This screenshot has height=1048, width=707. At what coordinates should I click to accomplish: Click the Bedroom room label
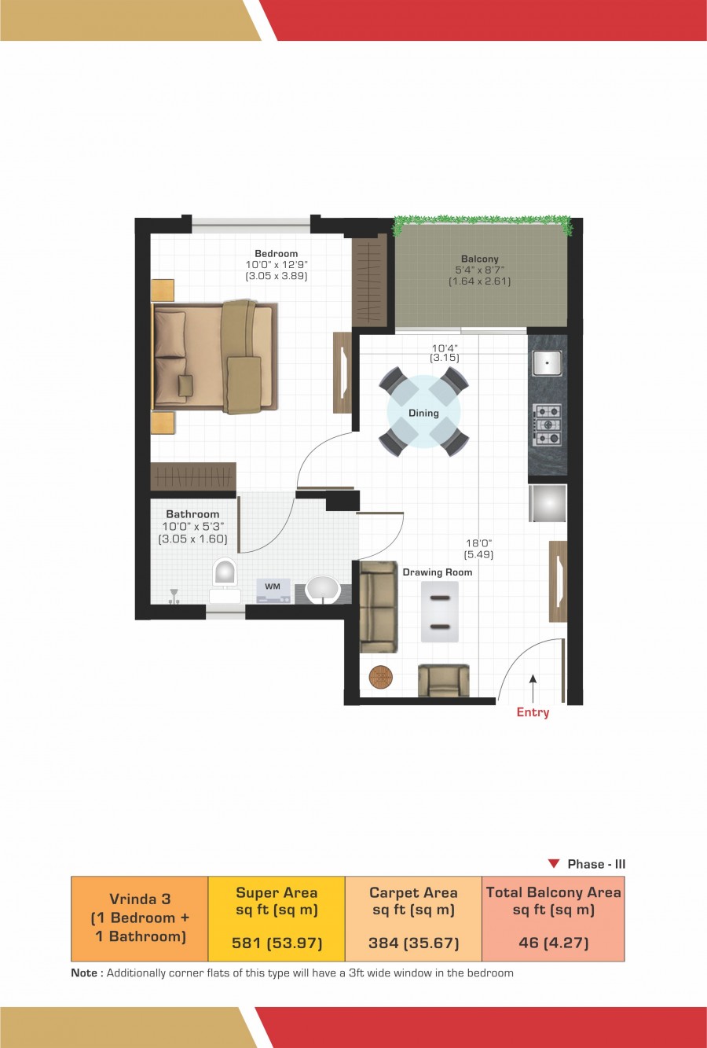click(276, 254)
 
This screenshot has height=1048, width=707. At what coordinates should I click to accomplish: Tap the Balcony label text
click(479, 259)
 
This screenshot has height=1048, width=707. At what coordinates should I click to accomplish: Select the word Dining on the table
click(423, 413)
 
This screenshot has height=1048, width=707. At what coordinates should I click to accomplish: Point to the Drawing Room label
click(438, 572)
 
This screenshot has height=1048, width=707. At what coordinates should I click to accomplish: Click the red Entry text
click(533, 712)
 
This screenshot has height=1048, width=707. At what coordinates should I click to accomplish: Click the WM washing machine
click(273, 590)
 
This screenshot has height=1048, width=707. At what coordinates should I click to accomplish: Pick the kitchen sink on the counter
click(547, 362)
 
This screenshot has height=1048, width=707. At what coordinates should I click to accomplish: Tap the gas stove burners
click(547, 425)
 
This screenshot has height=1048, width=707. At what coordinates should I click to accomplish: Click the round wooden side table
click(381, 676)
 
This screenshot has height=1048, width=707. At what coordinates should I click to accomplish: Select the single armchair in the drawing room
click(443, 680)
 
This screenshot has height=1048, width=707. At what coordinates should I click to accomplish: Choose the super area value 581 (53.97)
click(277, 943)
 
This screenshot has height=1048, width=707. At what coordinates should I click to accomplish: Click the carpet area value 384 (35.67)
click(413, 943)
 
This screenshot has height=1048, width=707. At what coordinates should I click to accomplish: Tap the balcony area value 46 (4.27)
click(553, 943)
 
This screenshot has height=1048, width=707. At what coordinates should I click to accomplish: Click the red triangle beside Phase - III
click(554, 864)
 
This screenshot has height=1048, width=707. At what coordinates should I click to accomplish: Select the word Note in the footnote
click(84, 973)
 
